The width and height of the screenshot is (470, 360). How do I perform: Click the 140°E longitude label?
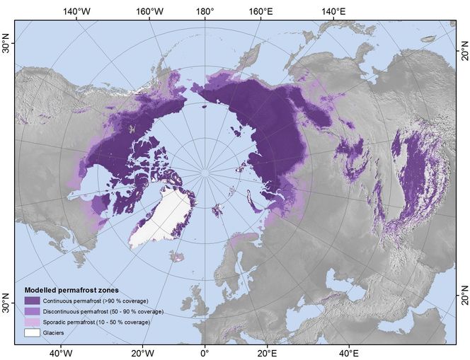[333, 11]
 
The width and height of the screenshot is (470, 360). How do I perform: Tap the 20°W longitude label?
[142, 352]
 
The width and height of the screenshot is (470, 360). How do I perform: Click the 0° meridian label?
[205, 352]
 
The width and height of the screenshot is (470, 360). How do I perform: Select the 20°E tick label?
[266, 352]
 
